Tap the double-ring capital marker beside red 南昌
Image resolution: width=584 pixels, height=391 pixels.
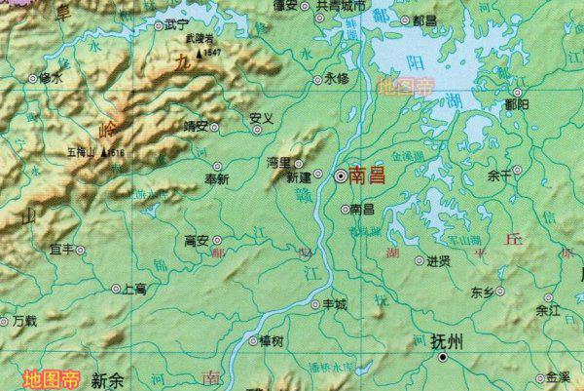[341, 177]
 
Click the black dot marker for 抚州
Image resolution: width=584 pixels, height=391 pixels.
[444, 358]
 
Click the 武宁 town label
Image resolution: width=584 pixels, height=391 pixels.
[176, 23]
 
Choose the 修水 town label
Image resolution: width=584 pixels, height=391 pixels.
[50, 77]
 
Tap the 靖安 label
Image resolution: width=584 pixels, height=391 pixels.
[197, 126]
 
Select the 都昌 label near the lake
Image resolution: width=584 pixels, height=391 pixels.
[424, 20]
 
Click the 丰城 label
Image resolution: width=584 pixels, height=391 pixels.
[334, 304]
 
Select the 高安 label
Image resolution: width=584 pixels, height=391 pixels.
[197, 240]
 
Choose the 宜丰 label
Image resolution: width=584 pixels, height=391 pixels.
[61, 250]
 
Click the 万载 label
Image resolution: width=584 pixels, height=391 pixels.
[23, 320]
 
